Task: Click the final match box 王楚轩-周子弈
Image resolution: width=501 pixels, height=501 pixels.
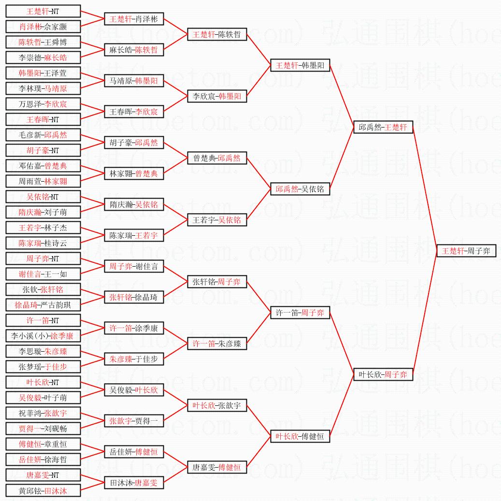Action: coord(466,251)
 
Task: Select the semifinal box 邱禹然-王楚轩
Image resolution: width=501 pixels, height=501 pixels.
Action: coord(383,127)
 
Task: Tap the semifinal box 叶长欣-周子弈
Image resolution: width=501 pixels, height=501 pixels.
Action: coord(383,374)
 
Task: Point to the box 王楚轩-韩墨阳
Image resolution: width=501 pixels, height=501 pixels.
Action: coord(300,65)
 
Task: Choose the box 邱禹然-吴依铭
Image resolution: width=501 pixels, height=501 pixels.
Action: coord(300,189)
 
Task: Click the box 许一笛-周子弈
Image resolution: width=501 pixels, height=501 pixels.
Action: coord(300,313)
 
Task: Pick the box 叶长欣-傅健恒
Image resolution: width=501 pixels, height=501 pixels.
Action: coord(300,436)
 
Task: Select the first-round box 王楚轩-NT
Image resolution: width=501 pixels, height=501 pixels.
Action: coord(43,11)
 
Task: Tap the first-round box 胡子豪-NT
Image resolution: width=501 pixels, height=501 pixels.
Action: coord(43,150)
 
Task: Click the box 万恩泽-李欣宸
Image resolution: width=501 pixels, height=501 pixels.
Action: coord(43,104)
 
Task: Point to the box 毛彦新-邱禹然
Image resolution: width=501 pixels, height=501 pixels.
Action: coord(43,135)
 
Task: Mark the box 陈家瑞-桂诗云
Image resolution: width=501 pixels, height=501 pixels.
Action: coord(43,243)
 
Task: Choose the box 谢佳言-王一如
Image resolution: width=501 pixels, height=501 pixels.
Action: coord(43,274)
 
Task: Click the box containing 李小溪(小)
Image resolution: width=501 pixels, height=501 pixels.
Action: coord(43,336)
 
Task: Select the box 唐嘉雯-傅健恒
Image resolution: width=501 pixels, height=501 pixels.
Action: coord(217,467)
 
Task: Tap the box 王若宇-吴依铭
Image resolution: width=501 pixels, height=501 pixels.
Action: coord(217,220)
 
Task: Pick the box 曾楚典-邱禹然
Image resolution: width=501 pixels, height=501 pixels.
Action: coord(217,158)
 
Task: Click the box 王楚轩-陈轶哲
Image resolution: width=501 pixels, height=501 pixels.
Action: coord(217,34)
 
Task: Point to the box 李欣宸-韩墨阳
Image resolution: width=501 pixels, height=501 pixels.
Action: coord(217,96)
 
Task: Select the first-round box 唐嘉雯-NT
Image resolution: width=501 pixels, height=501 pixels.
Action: coord(43,475)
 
